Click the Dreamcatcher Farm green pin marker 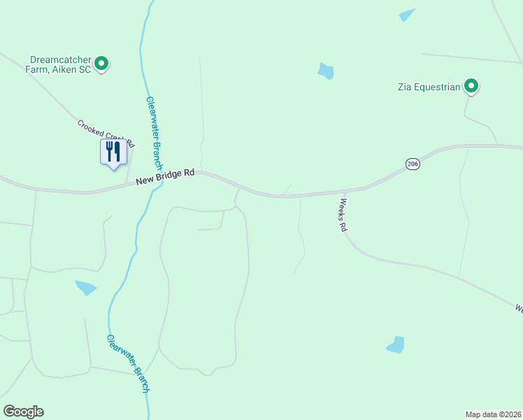pyautogui.click(x=101, y=64)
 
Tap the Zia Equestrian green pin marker pyautogui.click(x=472, y=87)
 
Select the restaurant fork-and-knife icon pyautogui.click(x=112, y=152)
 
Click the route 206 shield pyautogui.click(x=412, y=164)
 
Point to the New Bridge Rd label pyautogui.click(x=165, y=176)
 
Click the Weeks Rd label pyautogui.click(x=343, y=216)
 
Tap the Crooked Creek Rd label pyautogui.click(x=105, y=134)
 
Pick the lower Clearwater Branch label pyautogui.click(x=128, y=363)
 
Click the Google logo pyautogui.click(x=23, y=412)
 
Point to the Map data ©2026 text pyautogui.click(x=493, y=414)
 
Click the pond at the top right pyautogui.click(x=407, y=15)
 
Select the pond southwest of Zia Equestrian pyautogui.click(x=326, y=71)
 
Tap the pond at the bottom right pyautogui.click(x=396, y=344)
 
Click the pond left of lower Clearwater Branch pyautogui.click(x=86, y=287)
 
